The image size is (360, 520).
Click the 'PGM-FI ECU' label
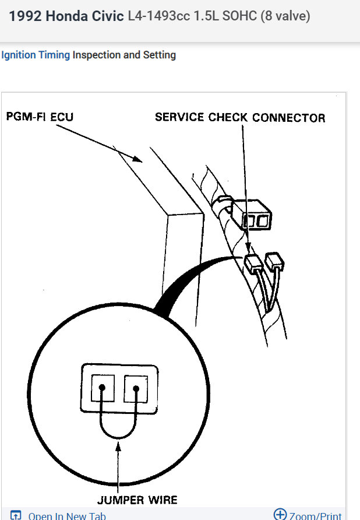[x=40, y=116]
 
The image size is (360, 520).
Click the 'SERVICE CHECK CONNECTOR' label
[x=239, y=118]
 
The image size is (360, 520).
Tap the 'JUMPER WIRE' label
[x=138, y=500]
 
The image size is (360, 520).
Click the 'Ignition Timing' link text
[x=36, y=55]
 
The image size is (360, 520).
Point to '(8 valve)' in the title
[x=285, y=16]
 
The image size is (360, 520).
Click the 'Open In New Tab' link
[x=67, y=515]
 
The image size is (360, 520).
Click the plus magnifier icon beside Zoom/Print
[x=280, y=514]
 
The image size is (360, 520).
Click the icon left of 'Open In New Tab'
[x=16, y=515]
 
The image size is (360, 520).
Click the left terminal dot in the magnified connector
[x=102, y=387]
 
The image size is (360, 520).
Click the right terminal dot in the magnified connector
[x=136, y=387]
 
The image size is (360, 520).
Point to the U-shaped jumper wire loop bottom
[x=119, y=436]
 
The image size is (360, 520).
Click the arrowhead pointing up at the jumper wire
[x=119, y=447]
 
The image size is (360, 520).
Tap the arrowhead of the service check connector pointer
[x=248, y=250]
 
